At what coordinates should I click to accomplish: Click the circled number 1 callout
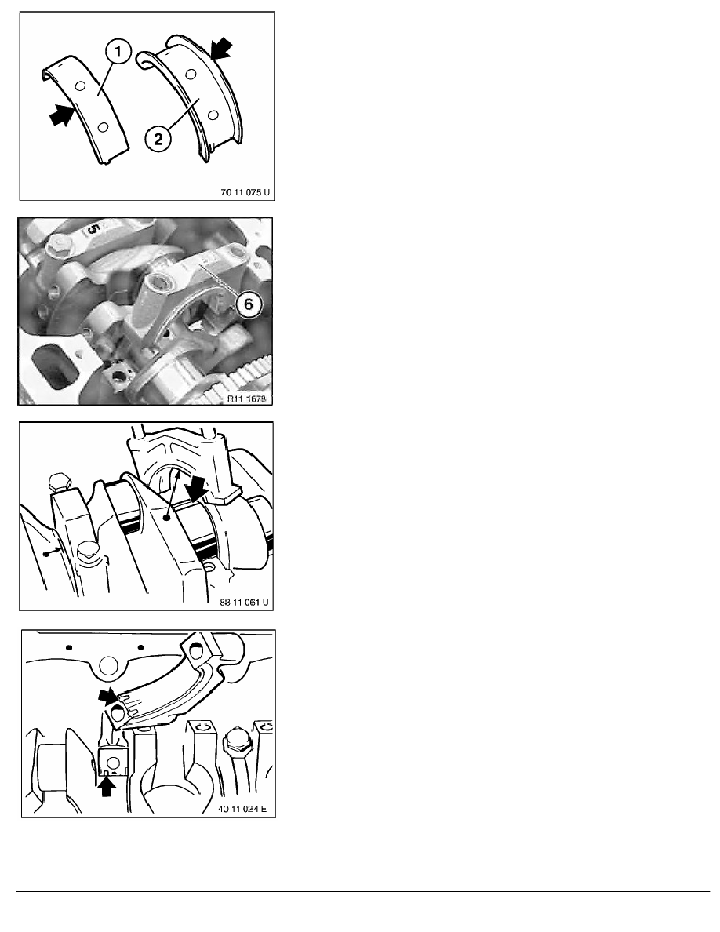coord(118,52)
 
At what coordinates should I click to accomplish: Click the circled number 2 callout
coord(158,139)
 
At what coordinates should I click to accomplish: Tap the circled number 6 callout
coord(248,304)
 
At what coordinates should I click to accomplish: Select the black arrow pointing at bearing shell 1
coord(62,115)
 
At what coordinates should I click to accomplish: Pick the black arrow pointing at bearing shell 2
coord(221,48)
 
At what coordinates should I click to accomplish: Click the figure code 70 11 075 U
coord(245,192)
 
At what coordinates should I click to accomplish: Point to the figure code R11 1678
coord(246,399)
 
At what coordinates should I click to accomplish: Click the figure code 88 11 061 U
coord(244,603)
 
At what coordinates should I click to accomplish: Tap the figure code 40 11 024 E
coord(242,808)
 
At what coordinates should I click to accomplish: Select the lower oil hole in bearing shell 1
coord(103,127)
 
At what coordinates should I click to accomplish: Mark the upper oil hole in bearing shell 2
coord(191,75)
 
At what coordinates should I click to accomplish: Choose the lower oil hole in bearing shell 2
coord(213,114)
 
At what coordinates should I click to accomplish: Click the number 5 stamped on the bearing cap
coord(94,229)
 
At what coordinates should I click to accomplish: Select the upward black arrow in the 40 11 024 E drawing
coord(107,786)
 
